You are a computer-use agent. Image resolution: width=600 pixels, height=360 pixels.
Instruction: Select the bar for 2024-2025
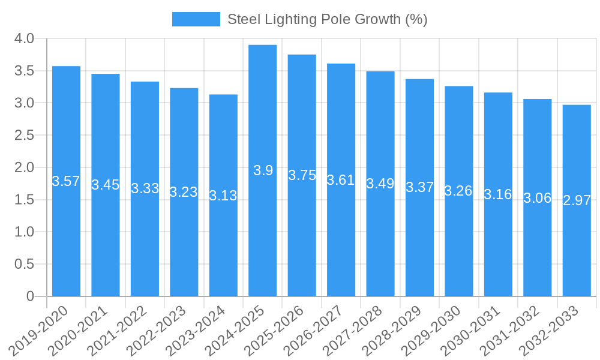point(263,170)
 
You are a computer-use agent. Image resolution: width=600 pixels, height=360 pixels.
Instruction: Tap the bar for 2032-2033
point(577,200)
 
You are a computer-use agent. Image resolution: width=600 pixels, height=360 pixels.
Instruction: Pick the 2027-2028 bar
point(380,184)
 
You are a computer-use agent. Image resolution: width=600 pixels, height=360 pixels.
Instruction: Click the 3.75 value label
point(302,175)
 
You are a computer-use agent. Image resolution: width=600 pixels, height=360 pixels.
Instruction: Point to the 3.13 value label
point(223,196)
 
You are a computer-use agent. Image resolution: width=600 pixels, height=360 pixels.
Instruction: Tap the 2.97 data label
point(577,200)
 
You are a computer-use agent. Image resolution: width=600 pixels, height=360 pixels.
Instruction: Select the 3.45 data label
point(106,185)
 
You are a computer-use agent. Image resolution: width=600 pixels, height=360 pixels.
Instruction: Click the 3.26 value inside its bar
point(458,191)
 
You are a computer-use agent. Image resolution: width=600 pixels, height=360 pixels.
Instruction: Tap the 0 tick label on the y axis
point(31,296)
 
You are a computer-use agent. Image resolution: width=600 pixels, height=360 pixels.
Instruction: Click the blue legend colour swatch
point(196,19)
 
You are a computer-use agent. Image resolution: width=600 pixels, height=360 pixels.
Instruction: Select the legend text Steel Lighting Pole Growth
point(327,19)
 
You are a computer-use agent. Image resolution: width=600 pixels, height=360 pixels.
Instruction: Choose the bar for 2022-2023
point(184,192)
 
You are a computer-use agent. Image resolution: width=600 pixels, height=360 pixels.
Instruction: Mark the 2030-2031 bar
point(498,194)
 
